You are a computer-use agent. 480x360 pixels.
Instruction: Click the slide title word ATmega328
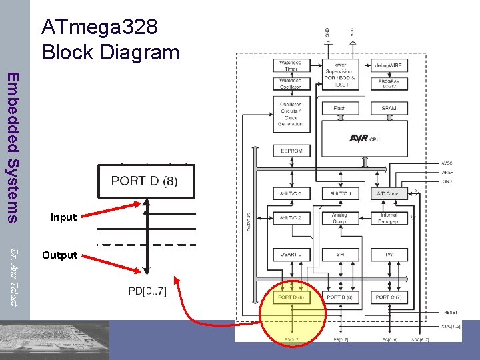(100, 27)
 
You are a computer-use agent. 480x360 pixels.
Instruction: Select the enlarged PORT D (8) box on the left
(145, 181)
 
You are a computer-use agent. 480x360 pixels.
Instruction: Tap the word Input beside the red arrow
(63, 217)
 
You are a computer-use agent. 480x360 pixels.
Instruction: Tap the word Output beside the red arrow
(60, 255)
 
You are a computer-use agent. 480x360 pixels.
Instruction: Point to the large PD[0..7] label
(147, 291)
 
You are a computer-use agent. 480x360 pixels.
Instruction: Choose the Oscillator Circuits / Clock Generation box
(291, 114)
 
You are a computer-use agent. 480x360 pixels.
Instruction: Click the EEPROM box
(291, 151)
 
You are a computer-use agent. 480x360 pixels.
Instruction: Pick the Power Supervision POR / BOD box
(340, 74)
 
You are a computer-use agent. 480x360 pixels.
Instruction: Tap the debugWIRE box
(390, 65)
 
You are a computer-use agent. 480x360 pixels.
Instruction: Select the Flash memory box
(340, 108)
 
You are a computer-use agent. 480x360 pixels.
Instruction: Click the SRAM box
(390, 108)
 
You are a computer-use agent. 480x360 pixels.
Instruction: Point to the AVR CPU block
(365, 139)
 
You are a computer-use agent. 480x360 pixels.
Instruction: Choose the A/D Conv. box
(390, 193)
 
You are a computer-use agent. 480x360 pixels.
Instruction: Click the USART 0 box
(291, 255)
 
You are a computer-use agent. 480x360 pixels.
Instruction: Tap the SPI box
(340, 255)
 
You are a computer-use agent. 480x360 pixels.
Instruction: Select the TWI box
(390, 255)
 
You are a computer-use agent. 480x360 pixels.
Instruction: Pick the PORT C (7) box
(390, 297)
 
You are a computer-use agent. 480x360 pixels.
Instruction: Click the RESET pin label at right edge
(451, 312)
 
